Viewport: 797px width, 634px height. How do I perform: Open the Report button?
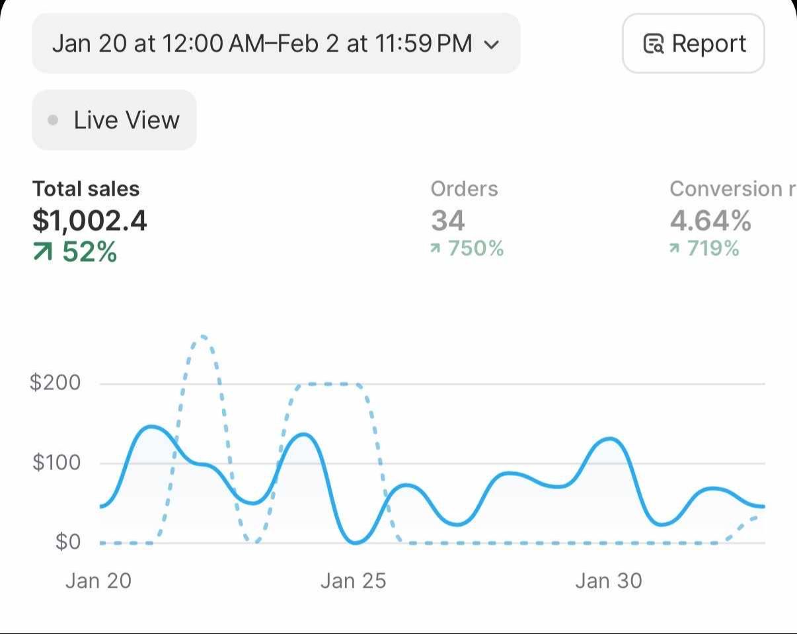pos(693,44)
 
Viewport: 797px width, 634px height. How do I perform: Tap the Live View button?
pos(114,120)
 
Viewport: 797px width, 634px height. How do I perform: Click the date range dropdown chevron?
pos(491,45)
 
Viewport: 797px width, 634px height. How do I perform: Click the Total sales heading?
pos(86,189)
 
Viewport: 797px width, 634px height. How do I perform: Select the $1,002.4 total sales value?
pos(90,221)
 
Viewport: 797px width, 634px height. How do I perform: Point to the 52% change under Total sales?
pos(75,252)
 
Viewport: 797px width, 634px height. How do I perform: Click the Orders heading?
pos(464,189)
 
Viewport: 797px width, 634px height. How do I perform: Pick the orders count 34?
pos(447,221)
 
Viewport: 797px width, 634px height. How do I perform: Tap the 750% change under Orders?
pos(467,249)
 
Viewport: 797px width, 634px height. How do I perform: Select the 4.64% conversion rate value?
pos(710,221)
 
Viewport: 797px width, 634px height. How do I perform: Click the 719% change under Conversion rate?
pos(704,249)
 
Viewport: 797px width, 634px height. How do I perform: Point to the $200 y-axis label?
pos(56,382)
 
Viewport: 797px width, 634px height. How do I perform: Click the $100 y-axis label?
pos(56,462)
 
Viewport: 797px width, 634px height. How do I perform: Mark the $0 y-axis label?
pos(67,542)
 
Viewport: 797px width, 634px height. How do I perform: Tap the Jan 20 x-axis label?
pos(98,580)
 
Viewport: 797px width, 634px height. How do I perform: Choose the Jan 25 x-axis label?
pos(353,580)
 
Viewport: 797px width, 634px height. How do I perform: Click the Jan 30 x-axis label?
pos(608,580)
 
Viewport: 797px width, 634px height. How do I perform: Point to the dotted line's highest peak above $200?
pos(202,337)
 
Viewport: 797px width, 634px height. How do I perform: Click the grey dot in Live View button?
pos(54,120)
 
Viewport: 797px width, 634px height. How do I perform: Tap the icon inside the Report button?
pos(653,44)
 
